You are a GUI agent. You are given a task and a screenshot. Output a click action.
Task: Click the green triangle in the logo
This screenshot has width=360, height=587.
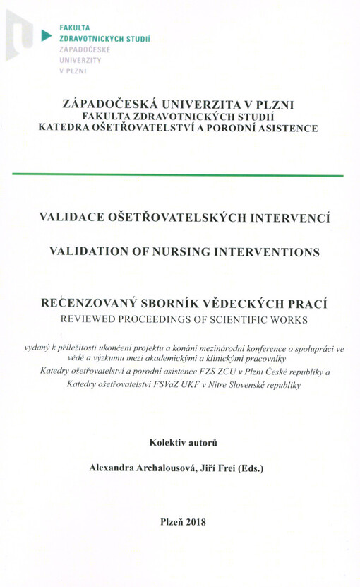click(47, 34)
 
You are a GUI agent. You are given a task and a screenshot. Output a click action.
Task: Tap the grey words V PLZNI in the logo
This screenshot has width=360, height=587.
click(73, 71)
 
